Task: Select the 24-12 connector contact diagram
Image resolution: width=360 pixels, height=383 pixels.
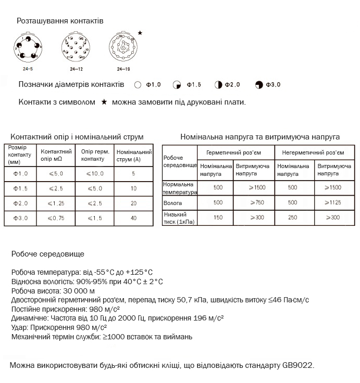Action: point(76,48)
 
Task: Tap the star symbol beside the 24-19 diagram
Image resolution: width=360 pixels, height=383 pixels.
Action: point(140,33)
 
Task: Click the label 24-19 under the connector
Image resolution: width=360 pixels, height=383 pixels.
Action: point(123,69)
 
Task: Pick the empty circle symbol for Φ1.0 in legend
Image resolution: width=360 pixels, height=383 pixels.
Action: point(138,85)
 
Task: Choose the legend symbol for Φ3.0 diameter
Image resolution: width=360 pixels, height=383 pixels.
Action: point(259,85)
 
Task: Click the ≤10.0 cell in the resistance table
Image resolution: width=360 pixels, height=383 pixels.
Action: point(95,173)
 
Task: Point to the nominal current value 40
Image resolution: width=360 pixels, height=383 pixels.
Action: point(133,219)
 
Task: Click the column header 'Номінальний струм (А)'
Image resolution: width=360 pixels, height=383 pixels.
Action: point(133,156)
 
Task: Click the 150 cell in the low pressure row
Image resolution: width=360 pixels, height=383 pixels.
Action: point(216,218)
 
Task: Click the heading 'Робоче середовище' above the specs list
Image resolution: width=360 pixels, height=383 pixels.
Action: point(47,254)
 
